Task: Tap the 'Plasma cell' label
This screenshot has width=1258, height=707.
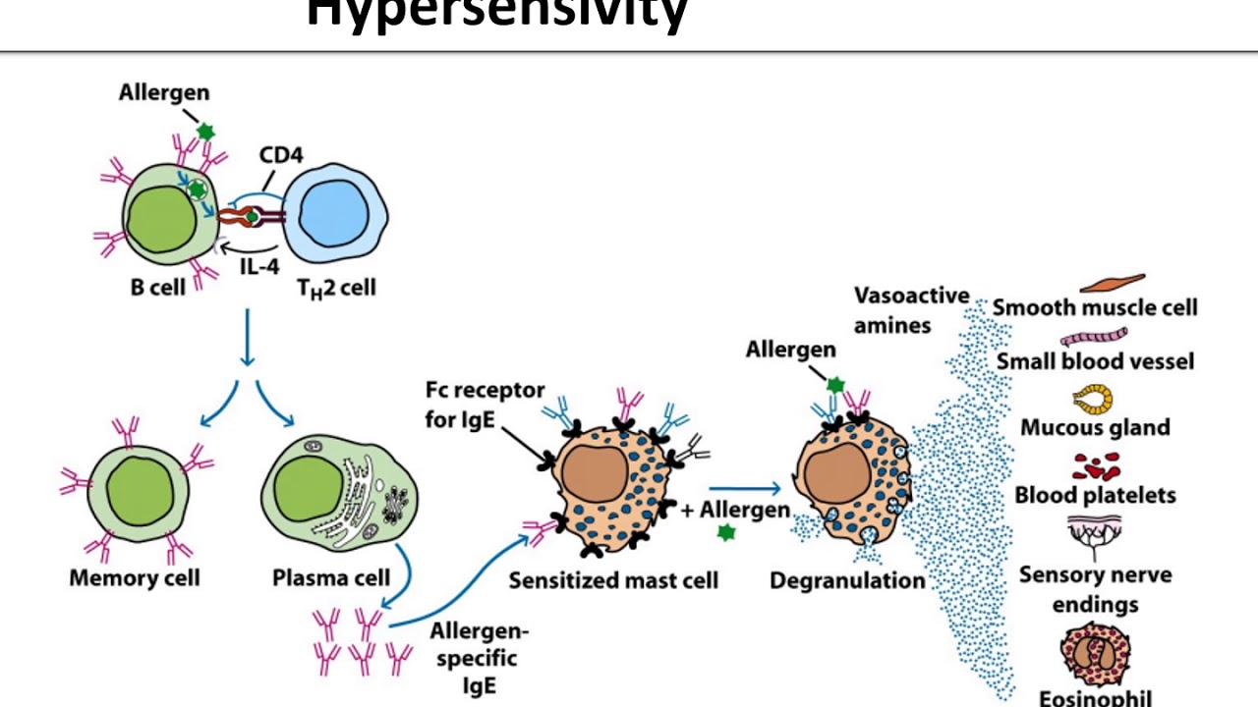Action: [x=330, y=577]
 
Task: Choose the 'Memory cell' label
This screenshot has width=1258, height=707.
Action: [x=134, y=577]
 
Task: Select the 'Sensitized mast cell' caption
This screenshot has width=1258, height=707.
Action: [x=612, y=580]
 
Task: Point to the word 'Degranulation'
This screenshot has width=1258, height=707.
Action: [x=847, y=580]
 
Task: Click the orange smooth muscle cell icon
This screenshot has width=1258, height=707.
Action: [x=1113, y=284]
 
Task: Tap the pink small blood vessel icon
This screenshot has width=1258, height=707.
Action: [x=1093, y=337]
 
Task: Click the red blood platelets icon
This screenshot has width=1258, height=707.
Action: [x=1095, y=465]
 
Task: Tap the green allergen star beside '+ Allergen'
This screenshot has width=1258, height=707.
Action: [x=726, y=532]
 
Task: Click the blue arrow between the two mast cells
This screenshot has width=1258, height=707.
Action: [x=744, y=488]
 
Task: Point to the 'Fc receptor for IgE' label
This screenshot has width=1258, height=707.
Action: [x=485, y=403]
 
